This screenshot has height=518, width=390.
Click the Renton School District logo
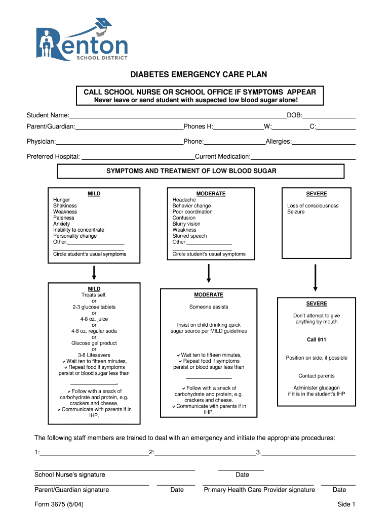82,40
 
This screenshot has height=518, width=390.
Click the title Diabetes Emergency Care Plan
199,75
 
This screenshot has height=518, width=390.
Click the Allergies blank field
324,143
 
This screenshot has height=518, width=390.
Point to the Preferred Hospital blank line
137,158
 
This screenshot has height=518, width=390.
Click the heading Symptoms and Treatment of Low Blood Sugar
191,171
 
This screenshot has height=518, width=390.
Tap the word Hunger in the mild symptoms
62,200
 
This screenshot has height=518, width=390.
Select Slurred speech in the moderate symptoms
189,236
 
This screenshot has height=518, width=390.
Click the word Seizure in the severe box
296,212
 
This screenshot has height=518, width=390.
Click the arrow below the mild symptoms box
94,273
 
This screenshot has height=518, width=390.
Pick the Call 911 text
317,340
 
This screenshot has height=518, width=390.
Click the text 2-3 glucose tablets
94,307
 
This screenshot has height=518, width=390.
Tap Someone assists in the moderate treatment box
209,307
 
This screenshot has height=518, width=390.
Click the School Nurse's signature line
114,470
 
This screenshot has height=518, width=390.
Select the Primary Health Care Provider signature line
258,485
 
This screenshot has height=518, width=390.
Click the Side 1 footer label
346,504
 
